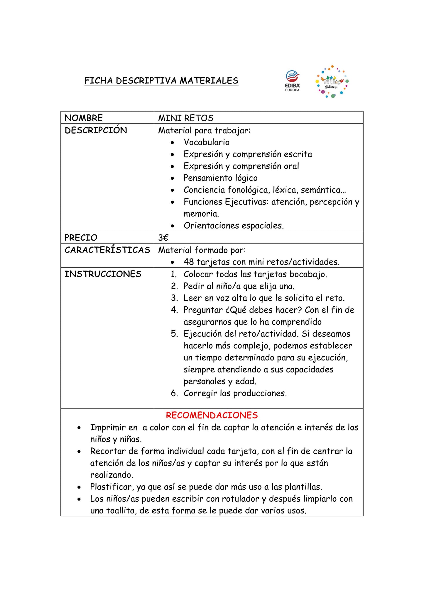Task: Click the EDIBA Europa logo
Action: (293, 81)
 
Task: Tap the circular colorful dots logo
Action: (332, 82)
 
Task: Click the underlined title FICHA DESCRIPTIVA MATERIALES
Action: (161, 81)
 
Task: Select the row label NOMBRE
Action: (84, 118)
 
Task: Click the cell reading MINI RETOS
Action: (186, 118)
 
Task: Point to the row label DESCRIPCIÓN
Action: (96, 130)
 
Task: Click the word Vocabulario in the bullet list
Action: (207, 142)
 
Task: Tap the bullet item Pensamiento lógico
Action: (220, 178)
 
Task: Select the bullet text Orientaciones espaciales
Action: (234, 226)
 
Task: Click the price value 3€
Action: (163, 238)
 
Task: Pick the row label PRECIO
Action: (81, 238)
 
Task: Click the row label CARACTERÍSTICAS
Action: (107, 250)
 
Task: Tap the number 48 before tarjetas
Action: (189, 262)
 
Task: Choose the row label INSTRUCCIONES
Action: (103, 274)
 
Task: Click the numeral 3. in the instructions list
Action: (175, 298)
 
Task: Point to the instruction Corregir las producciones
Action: (235, 393)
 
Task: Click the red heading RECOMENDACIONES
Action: (212, 415)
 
